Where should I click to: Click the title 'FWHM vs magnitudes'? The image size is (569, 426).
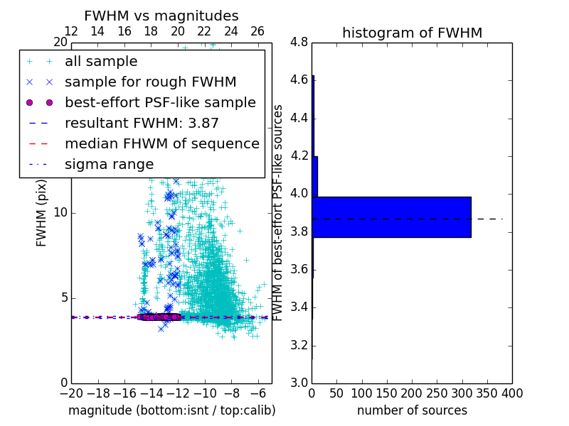161,16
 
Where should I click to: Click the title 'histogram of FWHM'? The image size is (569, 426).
412,33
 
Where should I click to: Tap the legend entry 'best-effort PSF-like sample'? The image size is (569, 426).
160,102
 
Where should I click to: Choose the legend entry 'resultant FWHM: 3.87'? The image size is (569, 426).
142,123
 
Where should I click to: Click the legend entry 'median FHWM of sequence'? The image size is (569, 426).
161,143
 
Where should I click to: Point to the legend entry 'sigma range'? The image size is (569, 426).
109,164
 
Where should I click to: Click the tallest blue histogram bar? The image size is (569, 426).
391,217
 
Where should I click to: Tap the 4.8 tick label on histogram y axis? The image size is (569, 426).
299,42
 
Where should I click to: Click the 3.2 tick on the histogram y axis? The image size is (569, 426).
299,346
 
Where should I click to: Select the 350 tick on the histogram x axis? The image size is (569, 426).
487,393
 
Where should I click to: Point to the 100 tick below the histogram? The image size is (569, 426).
362,393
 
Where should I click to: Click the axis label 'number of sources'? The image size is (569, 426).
412,410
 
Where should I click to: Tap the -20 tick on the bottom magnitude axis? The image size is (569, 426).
71,393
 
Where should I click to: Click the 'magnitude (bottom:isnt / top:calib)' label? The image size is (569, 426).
171,410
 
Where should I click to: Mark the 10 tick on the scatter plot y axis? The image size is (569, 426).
60,212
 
